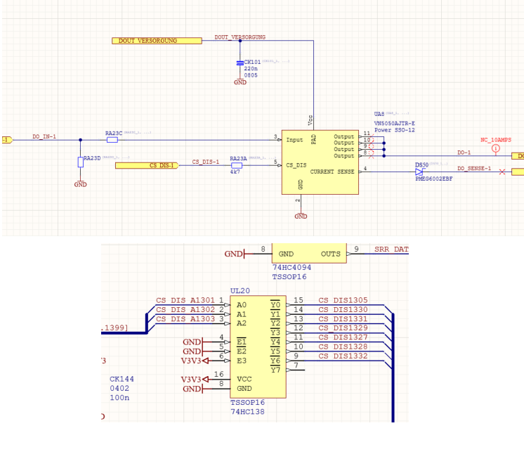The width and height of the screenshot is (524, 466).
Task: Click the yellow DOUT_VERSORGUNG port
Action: click(x=157, y=41)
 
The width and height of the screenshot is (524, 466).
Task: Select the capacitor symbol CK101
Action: click(x=240, y=63)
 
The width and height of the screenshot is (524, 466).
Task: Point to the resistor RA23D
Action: click(x=81, y=162)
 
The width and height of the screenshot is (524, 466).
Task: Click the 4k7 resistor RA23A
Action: click(x=237, y=166)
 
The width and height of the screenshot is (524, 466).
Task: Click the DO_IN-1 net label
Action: click(x=44, y=136)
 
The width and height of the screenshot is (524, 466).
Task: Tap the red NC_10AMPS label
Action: click(x=495, y=140)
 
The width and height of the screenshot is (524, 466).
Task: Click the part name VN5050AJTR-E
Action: click(x=394, y=122)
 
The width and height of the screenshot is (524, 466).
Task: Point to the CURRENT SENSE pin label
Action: click(x=332, y=171)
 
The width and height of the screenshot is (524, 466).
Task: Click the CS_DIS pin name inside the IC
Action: click(x=296, y=165)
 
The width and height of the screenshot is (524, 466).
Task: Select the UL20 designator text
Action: click(x=240, y=291)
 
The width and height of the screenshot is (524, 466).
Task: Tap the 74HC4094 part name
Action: click(x=292, y=267)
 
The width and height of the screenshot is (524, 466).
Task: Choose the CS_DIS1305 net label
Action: click(x=343, y=300)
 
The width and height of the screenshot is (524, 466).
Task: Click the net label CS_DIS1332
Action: click(x=343, y=356)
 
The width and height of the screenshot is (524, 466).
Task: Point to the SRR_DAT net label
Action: click(x=391, y=249)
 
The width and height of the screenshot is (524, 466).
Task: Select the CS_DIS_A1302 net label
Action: click(x=185, y=309)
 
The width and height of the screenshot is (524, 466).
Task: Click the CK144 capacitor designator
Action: click(x=122, y=379)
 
